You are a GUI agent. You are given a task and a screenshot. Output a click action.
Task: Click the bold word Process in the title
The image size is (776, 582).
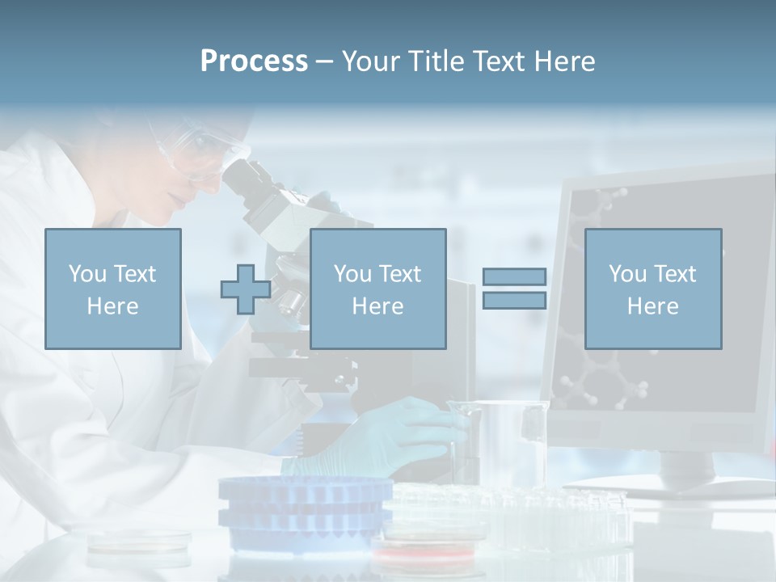[254, 61]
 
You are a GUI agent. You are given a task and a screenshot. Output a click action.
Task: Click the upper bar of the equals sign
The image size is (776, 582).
[514, 276]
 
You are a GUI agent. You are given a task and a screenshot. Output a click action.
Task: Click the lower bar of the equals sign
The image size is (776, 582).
[514, 301]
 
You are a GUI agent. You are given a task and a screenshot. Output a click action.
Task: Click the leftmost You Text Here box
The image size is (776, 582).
[113, 289]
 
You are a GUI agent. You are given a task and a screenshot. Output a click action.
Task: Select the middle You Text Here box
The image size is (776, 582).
[377, 289]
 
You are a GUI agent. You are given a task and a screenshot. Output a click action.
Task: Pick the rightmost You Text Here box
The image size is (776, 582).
[653, 289]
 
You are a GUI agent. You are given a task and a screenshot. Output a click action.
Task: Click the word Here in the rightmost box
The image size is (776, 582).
[652, 306]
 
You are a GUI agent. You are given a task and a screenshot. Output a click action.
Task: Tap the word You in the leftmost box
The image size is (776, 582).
[86, 274]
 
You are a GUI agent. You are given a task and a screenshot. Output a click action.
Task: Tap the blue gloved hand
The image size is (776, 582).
[388, 436]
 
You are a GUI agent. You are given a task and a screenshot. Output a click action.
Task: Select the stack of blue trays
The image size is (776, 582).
[306, 509]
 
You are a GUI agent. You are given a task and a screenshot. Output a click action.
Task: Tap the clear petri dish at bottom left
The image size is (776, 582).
[139, 543]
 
